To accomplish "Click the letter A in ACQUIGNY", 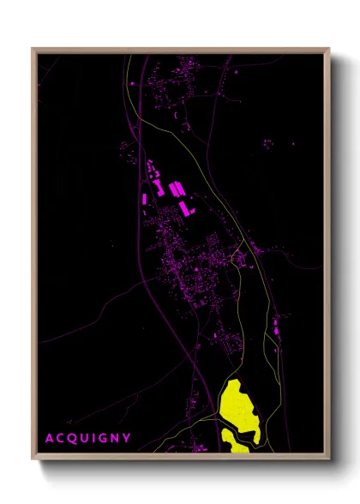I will click(x=49, y=437).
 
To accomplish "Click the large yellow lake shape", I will click(x=237, y=403).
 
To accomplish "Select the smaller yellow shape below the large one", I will click(x=235, y=439).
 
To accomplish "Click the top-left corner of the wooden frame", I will click(x=33, y=49).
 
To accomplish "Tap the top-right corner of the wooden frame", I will click(x=329, y=49).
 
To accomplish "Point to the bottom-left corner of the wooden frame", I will click(x=33, y=459).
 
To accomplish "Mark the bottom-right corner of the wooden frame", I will click(x=329, y=459).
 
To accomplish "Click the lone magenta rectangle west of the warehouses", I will click(x=143, y=198).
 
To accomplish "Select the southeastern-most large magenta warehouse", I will click(x=184, y=208).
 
